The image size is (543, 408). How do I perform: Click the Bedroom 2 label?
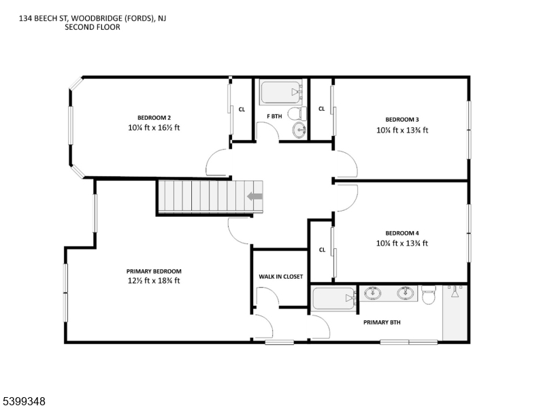click(154, 117)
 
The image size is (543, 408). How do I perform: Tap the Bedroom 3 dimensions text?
click(402, 130)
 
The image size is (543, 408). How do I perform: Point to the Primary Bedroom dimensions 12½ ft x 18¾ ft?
click(154, 280)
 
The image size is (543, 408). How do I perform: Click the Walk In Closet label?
click(280, 277)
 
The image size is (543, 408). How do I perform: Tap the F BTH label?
click(274, 116)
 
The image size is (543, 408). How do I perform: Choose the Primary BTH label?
click(382, 322)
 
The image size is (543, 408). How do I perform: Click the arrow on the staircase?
click(255, 197)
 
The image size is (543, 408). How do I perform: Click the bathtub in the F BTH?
click(281, 92)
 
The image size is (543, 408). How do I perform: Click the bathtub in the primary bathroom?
click(334, 299)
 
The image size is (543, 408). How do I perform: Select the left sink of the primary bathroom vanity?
click(372, 294)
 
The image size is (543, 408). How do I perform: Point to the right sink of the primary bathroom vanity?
click(406, 294)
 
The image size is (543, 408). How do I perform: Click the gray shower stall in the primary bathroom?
click(455, 314)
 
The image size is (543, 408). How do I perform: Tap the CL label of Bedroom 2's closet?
click(242, 109)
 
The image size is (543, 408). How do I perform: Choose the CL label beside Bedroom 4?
click(322, 250)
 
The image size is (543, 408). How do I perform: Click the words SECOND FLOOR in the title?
click(93, 27)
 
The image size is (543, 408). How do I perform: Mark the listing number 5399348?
click(23, 402)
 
